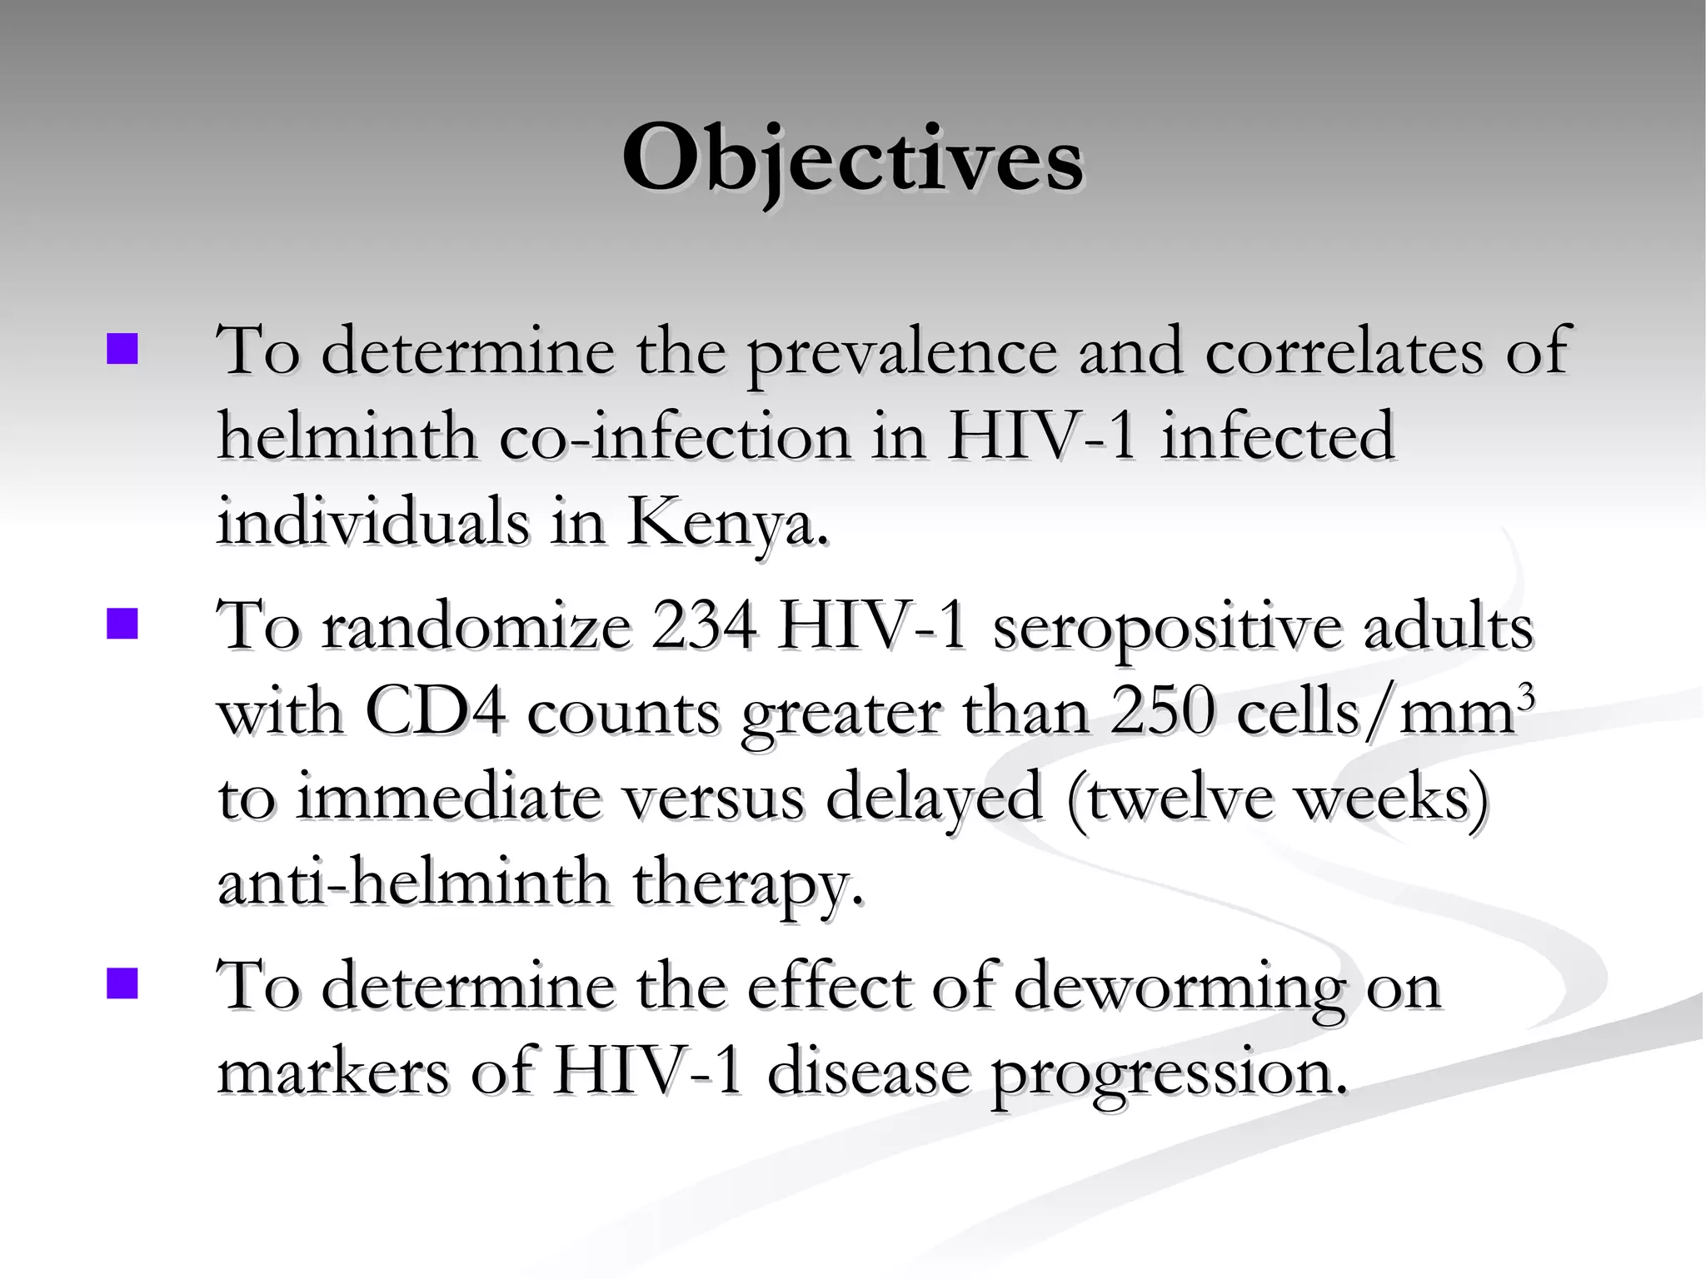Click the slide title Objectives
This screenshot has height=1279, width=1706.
pos(852,158)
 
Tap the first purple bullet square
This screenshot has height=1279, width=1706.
pos(122,349)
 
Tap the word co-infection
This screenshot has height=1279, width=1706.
pos(676,437)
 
